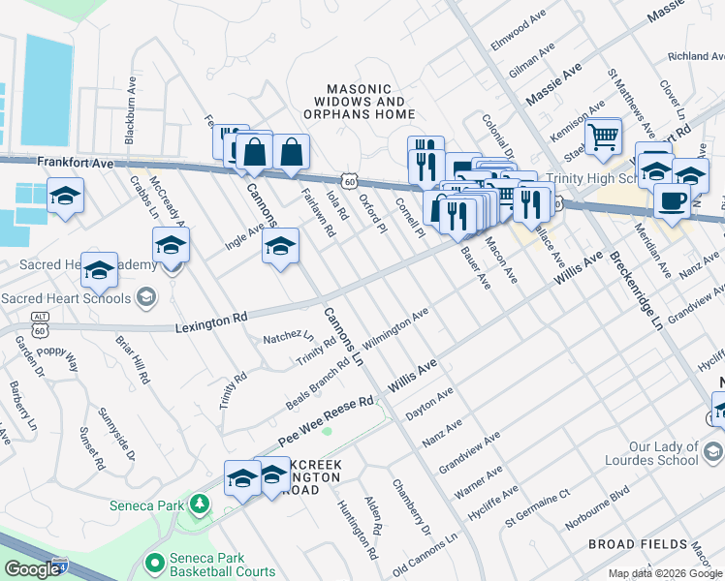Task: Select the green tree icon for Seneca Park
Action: (200, 504)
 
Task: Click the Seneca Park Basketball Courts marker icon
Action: (152, 562)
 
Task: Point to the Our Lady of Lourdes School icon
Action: (712, 452)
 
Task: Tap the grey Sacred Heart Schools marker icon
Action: (146, 295)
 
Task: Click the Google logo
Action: (32, 569)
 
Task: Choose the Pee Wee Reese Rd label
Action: (326, 418)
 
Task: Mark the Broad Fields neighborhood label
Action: (637, 545)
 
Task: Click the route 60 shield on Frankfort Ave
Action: (348, 181)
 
